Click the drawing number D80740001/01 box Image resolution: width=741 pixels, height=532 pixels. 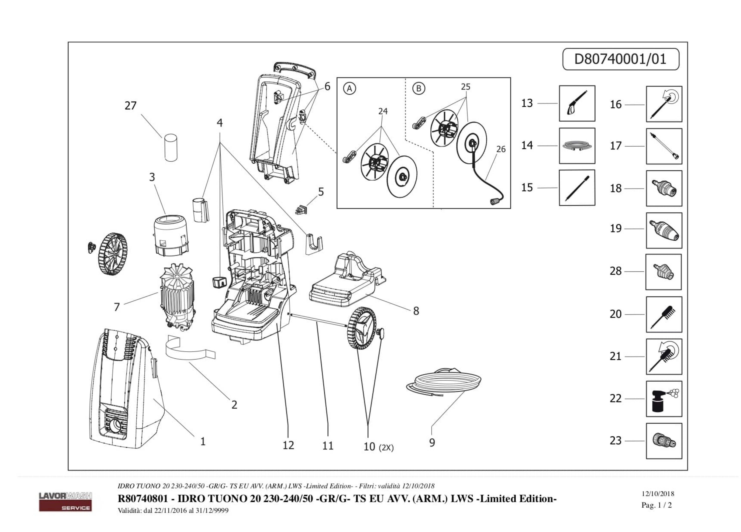pyautogui.click(x=620, y=59)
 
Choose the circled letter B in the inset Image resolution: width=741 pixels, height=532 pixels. pyautogui.click(x=419, y=88)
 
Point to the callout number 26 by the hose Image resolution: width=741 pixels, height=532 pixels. pyautogui.click(x=501, y=149)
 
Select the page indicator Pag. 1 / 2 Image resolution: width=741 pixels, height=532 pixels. pyautogui.click(x=656, y=505)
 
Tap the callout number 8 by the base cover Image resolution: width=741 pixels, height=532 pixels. pyautogui.click(x=416, y=311)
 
